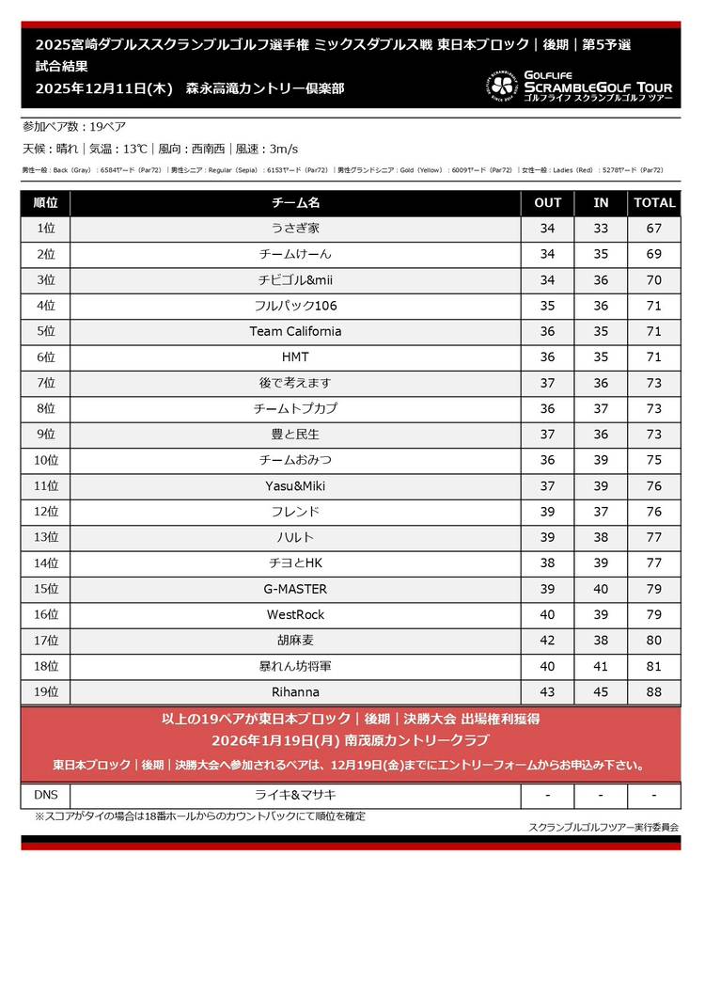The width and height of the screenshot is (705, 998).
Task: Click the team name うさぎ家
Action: pyautogui.click(x=295, y=229)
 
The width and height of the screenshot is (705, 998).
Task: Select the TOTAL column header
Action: pyautogui.click(x=654, y=202)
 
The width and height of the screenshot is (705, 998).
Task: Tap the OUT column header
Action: pyautogui.click(x=547, y=202)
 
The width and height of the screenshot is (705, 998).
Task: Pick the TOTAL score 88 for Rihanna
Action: pyautogui.click(x=654, y=692)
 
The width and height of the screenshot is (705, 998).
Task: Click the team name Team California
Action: pyautogui.click(x=295, y=331)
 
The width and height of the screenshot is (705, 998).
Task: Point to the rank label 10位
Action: pyautogui.click(x=45, y=460)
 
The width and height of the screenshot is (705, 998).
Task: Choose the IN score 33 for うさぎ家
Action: pyautogui.click(x=601, y=229)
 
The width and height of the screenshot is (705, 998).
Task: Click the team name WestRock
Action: pyautogui.click(x=295, y=615)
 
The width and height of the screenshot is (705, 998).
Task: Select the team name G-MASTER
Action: pyautogui.click(x=295, y=589)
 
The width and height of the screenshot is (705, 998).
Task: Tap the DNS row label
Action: pyautogui.click(x=45, y=795)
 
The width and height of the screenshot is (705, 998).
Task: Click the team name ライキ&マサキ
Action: pyautogui.click(x=295, y=795)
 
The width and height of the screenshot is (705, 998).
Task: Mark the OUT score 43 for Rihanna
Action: pyautogui.click(x=547, y=692)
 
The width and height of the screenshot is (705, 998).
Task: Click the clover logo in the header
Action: pyautogui.click(x=502, y=87)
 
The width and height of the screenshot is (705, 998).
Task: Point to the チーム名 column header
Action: pyautogui.click(x=295, y=202)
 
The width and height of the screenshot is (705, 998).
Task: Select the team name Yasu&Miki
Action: pyautogui.click(x=295, y=486)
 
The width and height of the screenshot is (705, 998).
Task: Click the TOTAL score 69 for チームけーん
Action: pyautogui.click(x=654, y=254)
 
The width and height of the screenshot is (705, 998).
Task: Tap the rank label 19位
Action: pyautogui.click(x=45, y=692)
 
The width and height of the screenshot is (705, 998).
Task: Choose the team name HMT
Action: pyautogui.click(x=295, y=357)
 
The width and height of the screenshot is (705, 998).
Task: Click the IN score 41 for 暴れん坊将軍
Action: pyautogui.click(x=601, y=666)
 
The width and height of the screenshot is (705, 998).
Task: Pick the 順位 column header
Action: pyautogui.click(x=45, y=202)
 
